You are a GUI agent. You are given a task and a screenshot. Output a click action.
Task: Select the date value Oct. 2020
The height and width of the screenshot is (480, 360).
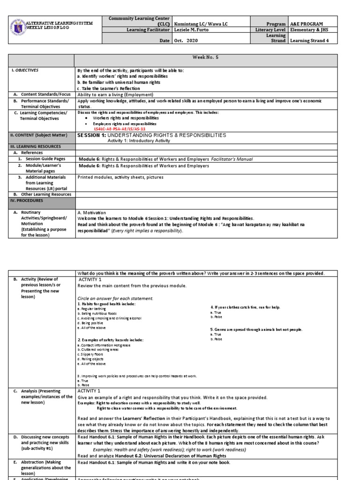[185, 41]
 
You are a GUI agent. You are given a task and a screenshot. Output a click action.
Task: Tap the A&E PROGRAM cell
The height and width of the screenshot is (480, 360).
[306, 23]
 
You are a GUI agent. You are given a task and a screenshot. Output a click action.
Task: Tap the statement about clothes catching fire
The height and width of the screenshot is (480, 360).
[246, 307]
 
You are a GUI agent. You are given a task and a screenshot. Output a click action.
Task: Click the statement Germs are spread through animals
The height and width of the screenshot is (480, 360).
[256, 330]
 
